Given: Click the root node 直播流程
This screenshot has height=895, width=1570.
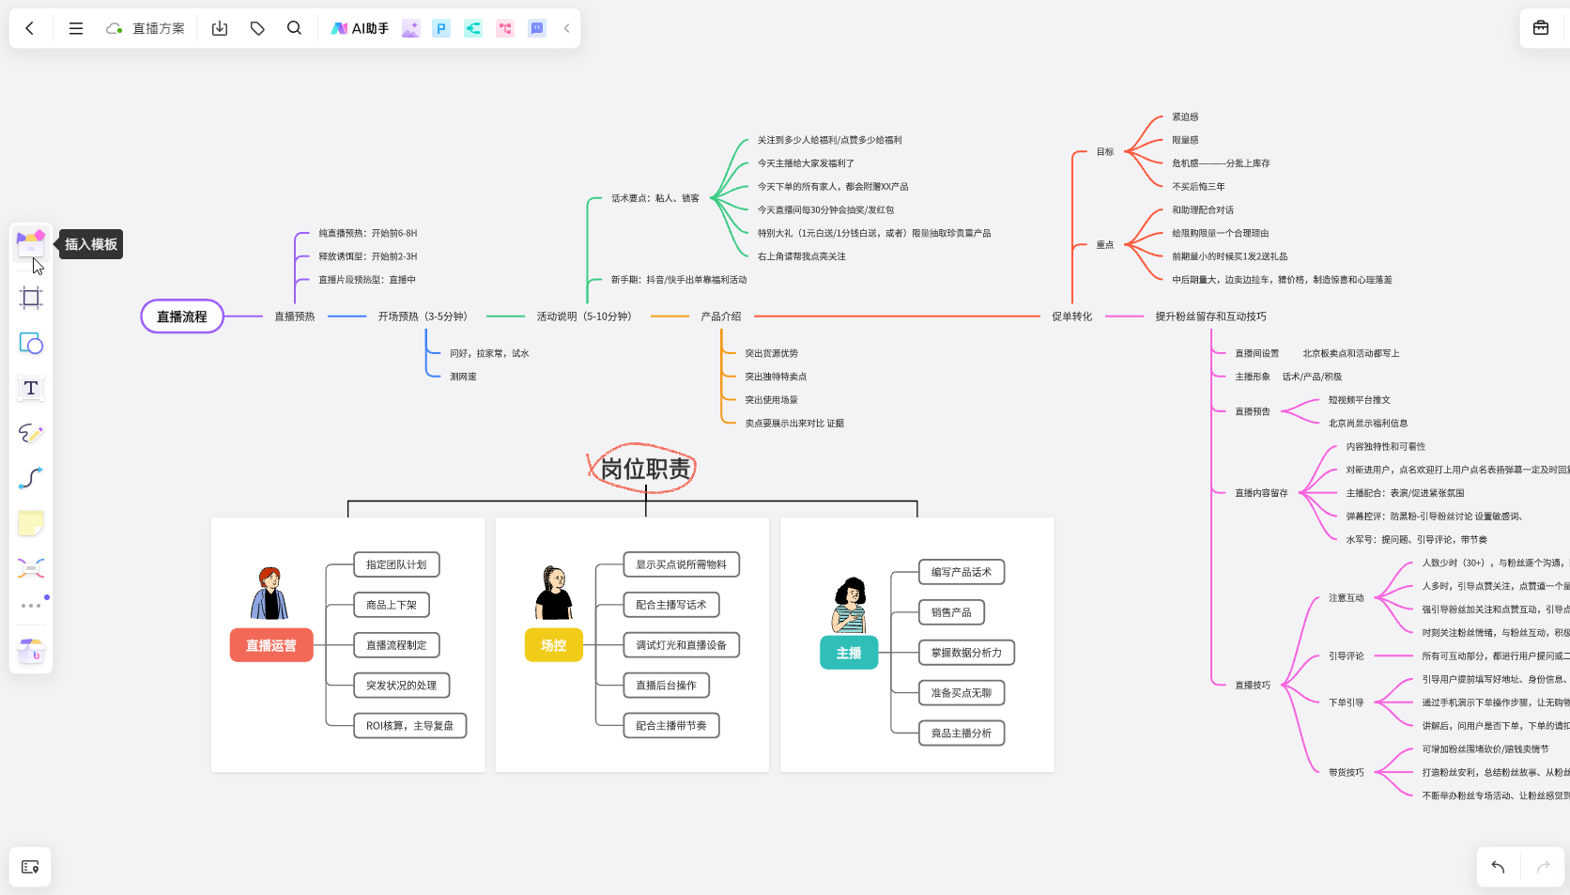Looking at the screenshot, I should (182, 316).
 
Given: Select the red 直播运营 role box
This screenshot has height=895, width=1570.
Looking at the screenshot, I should (271, 645).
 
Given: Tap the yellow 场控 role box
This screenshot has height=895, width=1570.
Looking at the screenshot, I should (553, 645).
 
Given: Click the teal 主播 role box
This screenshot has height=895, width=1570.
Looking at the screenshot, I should (849, 653).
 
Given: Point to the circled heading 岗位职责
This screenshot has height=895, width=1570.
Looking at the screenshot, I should (645, 469).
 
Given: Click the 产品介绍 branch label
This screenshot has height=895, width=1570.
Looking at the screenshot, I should (720, 316).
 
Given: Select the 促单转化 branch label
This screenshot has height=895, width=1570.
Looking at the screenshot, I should (1071, 316).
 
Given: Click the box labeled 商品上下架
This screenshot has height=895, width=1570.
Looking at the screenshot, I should (392, 605).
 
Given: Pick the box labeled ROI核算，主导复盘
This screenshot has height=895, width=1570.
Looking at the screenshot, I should (409, 726).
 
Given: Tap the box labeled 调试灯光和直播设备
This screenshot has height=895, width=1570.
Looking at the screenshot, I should (681, 645).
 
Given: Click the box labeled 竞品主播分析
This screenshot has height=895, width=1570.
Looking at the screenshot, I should (961, 733).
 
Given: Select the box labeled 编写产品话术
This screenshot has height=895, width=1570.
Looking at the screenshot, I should (961, 572).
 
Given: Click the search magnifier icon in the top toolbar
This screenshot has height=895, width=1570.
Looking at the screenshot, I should (294, 28).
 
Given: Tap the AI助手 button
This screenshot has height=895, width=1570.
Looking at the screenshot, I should (360, 28).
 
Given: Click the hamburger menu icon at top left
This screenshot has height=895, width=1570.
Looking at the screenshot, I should (76, 28).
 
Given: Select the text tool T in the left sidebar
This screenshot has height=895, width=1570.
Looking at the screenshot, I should (31, 388).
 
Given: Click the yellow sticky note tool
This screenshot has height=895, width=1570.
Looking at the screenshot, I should (31, 523).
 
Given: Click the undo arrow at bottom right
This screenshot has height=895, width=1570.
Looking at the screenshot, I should (1498, 867).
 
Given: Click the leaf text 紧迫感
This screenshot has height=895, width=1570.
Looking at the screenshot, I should (1185, 117).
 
